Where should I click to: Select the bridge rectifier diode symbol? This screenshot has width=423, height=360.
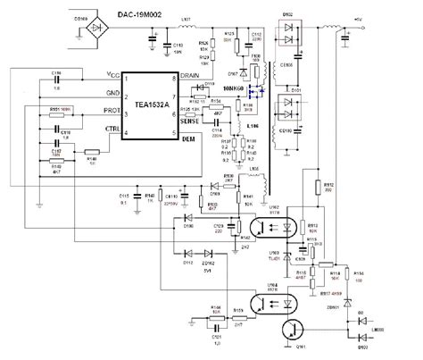click(79, 19)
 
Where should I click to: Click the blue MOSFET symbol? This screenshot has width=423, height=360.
click(257, 92)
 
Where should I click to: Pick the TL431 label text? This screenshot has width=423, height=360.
click(276, 259)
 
